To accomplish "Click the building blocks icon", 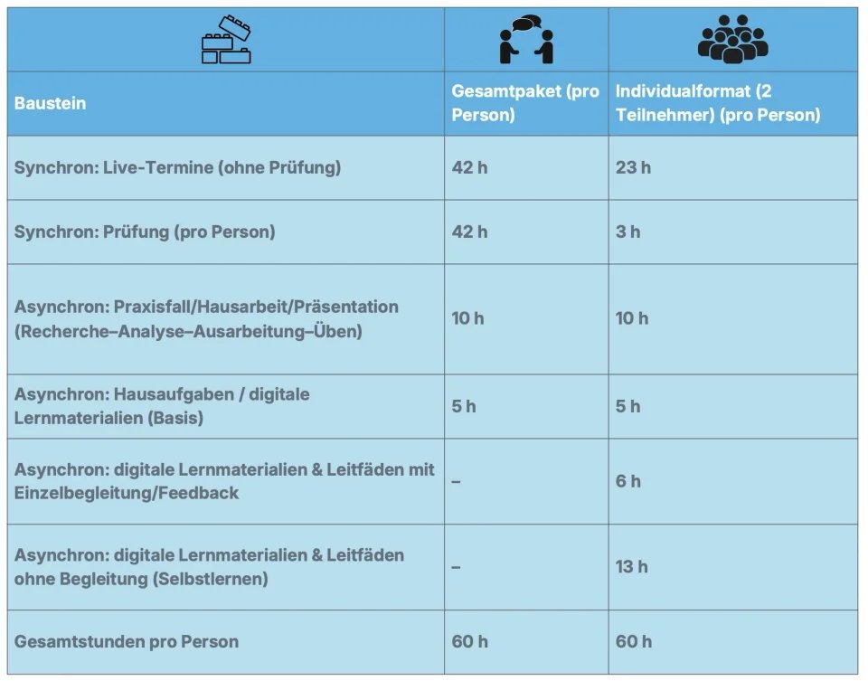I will coord(226,41).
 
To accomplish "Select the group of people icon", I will coord(731,40).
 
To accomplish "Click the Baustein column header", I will coord(51,103).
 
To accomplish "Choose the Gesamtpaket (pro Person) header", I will coord(524,103).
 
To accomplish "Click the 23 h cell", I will coord(633,167).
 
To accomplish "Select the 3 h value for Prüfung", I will coord(627,232).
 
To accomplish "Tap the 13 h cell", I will coord(631,567).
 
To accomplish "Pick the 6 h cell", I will coord(627,481).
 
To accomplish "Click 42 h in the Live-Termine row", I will coord(469,167).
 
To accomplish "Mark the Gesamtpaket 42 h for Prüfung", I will coord(469,232).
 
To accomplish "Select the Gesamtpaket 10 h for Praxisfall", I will coord(467,318).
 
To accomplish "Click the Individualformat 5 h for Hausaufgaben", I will coord(627,406).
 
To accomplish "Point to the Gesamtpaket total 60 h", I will coord(469,641).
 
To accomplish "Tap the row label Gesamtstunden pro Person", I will coord(127,641).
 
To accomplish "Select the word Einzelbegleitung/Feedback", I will coord(127,493).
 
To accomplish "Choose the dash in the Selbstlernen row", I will coord(456,567).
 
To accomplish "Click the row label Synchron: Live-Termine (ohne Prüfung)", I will coord(177,167).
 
